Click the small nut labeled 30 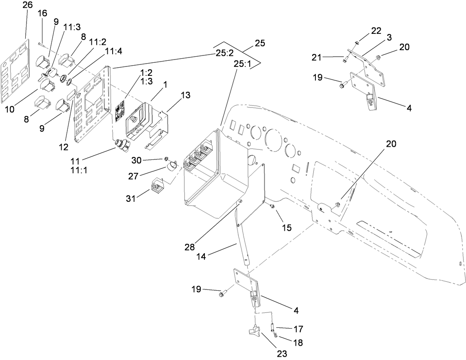pyautogui.click(x=167, y=159)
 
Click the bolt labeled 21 pyautogui.click(x=344, y=60)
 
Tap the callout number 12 pyautogui.click(x=64, y=147)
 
